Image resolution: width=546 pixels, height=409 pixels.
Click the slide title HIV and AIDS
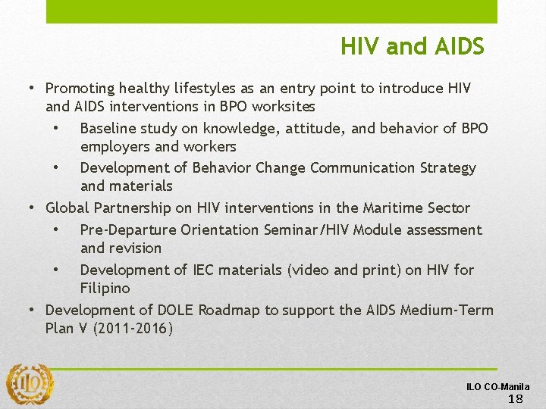[x=412, y=47]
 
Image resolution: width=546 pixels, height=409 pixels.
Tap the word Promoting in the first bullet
[x=78, y=89]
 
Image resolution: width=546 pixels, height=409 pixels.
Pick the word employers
[x=115, y=146]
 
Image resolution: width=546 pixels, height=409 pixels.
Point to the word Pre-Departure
[x=127, y=229]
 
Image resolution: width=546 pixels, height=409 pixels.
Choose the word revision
[x=135, y=248]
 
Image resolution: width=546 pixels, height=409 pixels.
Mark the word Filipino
[x=105, y=288]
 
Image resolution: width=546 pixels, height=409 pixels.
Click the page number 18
[x=515, y=399]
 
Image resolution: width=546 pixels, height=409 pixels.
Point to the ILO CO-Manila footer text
[x=497, y=386]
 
